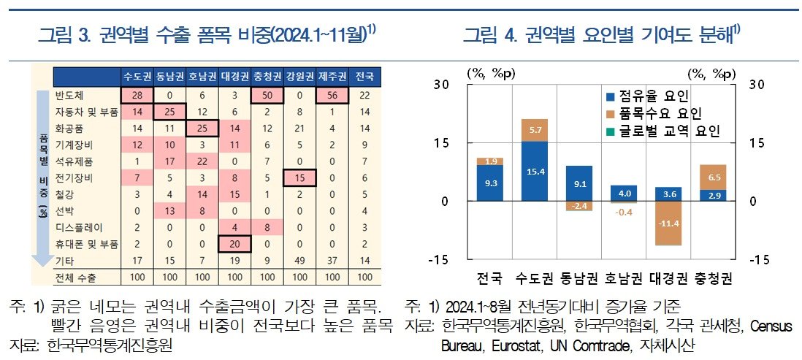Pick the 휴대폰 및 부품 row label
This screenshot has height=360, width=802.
85,243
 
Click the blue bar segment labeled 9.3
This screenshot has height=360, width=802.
490,183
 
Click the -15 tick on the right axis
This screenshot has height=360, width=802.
760,259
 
